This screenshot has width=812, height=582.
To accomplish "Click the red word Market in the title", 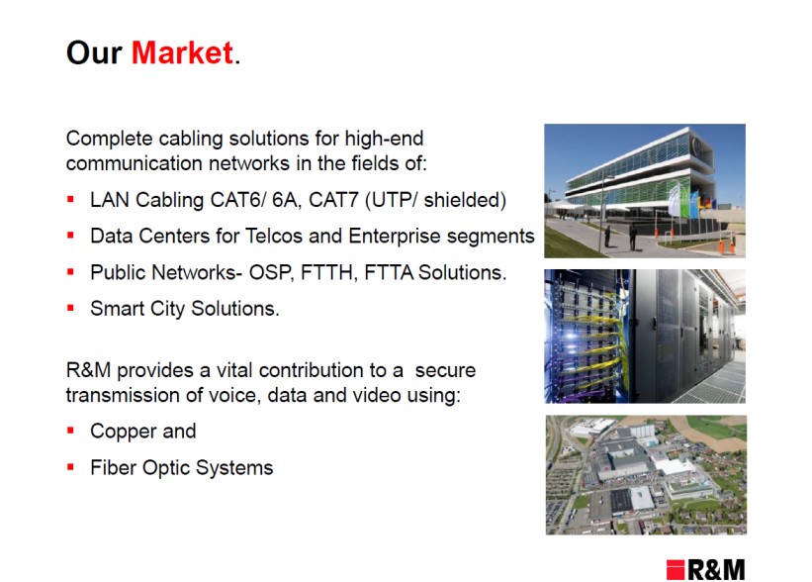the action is pyautogui.click(x=182, y=52).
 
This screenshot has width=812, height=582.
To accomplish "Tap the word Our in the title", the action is pyautogui.click(x=94, y=52).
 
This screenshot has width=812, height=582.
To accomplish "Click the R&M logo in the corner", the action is pyautogui.click(x=706, y=569).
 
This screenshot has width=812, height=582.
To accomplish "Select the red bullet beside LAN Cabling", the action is pyautogui.click(x=70, y=199).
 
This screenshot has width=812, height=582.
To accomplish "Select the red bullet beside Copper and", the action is pyautogui.click(x=70, y=431).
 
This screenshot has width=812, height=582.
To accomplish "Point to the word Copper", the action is pyautogui.click(x=124, y=432).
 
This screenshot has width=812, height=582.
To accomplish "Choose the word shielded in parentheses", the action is pyautogui.click(x=462, y=200).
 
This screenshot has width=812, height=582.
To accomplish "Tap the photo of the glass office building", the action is pyautogui.click(x=645, y=191).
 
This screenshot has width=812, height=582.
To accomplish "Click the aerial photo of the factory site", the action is pyautogui.click(x=646, y=475).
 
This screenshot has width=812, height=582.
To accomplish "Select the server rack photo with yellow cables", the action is pyautogui.click(x=645, y=337).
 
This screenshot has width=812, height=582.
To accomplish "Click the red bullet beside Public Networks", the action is pyautogui.click(x=70, y=271).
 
